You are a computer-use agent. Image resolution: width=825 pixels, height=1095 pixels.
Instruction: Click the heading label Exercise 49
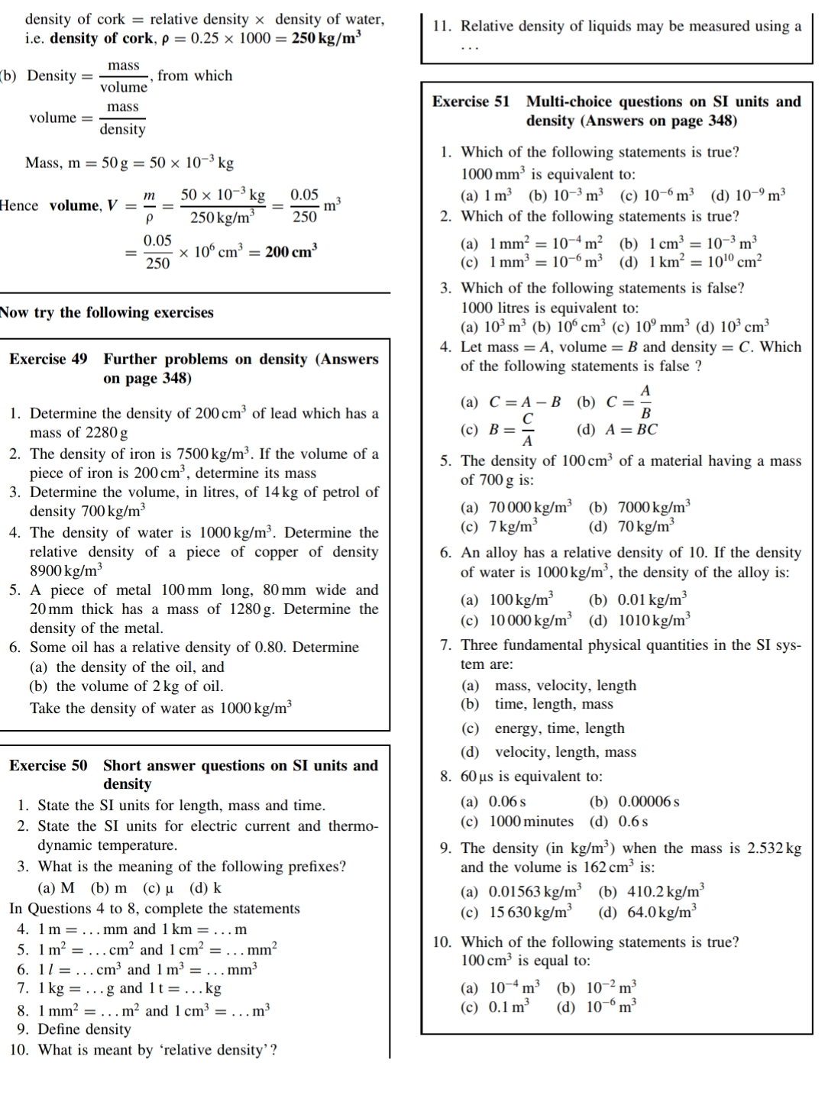click(x=47, y=359)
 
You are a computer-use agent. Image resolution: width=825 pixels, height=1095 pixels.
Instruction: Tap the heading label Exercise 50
click(x=47, y=765)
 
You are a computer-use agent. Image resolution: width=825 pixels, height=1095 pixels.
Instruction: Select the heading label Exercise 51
click(x=471, y=102)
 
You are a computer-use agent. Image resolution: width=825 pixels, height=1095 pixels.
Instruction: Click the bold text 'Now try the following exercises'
click(x=107, y=312)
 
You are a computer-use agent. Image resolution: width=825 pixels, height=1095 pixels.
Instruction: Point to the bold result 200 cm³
click(x=291, y=251)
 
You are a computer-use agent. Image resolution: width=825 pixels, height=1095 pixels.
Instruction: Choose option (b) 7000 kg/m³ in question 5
click(x=640, y=507)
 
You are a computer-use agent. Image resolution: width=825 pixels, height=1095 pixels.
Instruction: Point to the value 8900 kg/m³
click(x=66, y=570)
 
